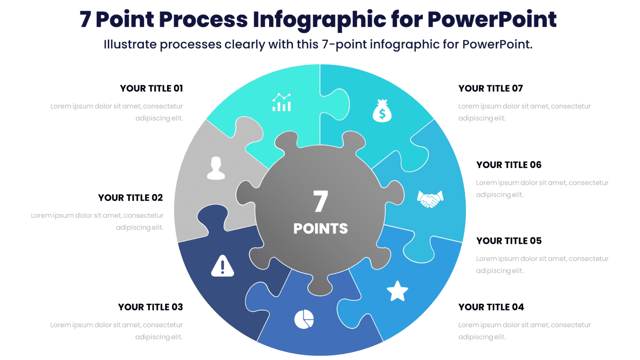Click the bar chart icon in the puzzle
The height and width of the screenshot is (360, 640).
282,102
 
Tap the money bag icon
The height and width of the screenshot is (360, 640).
382,111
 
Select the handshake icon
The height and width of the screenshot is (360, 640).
430,199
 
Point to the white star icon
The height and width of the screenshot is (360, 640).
397,291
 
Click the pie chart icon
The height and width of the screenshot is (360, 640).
304,319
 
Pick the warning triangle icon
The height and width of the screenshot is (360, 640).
222,266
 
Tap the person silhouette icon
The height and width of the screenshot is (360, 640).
216,168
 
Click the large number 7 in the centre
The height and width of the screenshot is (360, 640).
320,202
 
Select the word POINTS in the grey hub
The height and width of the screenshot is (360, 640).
320,228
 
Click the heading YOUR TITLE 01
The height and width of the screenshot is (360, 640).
152,88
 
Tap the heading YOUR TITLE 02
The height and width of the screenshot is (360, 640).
130,197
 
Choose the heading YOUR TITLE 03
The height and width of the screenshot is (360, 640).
150,307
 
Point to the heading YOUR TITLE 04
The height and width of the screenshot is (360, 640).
491,307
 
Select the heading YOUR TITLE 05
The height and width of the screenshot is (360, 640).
509,241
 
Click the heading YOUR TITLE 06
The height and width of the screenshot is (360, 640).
509,165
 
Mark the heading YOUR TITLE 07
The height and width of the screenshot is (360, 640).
490,88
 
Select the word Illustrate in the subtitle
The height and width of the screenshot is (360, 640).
130,44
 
